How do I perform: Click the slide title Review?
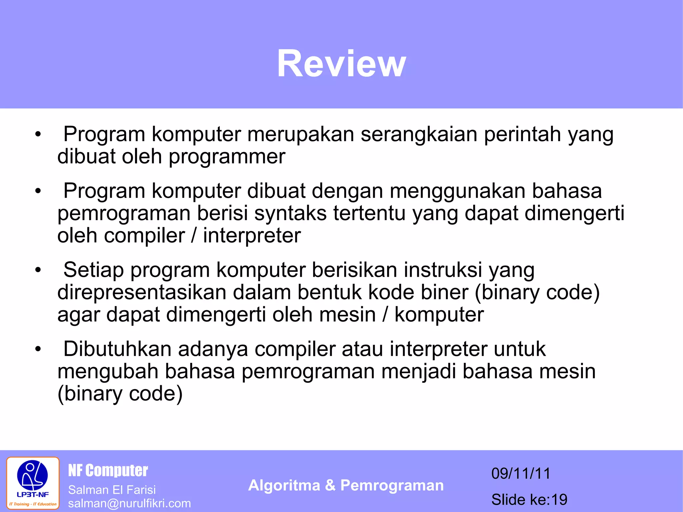341,63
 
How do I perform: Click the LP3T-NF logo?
33,483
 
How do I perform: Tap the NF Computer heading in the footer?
108,470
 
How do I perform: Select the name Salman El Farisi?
112,490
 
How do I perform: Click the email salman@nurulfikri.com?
129,503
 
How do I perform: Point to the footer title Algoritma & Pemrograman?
346,485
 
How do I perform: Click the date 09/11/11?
521,473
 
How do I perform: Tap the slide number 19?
559,500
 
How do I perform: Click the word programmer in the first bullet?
227,157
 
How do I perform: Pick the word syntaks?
290,213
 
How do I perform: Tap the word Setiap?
93,270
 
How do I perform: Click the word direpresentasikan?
142,293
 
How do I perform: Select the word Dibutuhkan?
117,349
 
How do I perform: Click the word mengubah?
107,372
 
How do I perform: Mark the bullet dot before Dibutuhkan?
38,349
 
